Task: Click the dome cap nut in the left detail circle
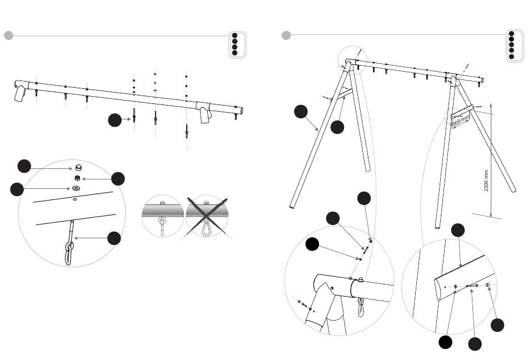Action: coord(78,167)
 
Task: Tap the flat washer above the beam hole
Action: coord(75,189)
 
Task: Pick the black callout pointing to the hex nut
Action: coord(118,178)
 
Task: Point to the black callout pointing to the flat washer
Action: coord(17,189)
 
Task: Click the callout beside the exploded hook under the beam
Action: coord(114,119)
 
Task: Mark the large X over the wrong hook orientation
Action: coord(206,217)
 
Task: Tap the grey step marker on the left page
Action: coord(8,36)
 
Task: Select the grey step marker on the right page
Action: coord(286,36)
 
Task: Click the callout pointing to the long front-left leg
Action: coord(301,111)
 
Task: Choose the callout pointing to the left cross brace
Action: coord(337,127)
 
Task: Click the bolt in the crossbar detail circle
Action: coord(472,286)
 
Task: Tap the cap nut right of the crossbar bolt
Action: coord(487,286)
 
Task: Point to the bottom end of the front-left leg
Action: coord(292,207)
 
